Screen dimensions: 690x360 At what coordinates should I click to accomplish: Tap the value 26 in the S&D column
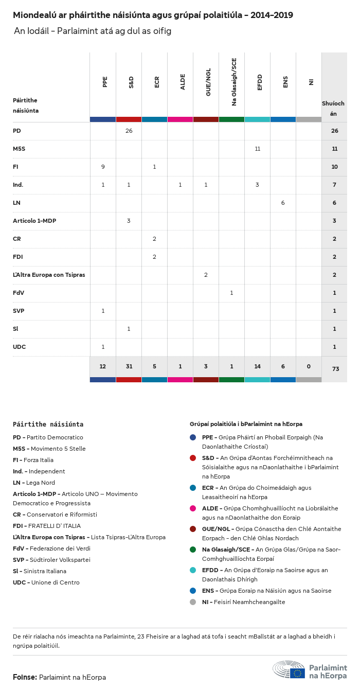tap(129, 131)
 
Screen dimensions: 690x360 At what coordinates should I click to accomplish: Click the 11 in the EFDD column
tap(257, 149)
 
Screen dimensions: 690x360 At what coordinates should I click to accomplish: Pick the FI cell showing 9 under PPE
tap(103, 167)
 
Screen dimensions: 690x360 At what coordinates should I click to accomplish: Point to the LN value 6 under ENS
tap(283, 203)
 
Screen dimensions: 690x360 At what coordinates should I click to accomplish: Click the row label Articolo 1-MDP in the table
tap(34, 221)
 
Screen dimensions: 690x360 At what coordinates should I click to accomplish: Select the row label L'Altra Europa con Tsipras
tap(49, 275)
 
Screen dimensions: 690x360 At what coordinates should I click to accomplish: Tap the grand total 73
tap(334, 369)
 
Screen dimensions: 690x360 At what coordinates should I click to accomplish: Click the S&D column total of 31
tap(129, 366)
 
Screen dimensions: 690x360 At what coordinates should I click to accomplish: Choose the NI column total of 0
tap(309, 366)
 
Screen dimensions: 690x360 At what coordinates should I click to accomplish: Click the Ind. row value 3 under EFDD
tap(257, 185)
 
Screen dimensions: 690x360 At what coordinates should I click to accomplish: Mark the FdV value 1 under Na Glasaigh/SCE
tap(231, 293)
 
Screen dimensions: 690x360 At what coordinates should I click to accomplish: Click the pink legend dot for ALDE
tap(193, 508)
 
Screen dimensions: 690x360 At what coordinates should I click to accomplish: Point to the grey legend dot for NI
tap(193, 602)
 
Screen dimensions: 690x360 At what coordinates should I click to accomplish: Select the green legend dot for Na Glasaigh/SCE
tap(193, 550)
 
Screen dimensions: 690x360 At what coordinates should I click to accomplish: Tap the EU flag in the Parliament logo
tap(297, 673)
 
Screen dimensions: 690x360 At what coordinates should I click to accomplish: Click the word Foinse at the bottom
tap(25, 677)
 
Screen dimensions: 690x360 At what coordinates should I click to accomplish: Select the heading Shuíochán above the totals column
tap(333, 109)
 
